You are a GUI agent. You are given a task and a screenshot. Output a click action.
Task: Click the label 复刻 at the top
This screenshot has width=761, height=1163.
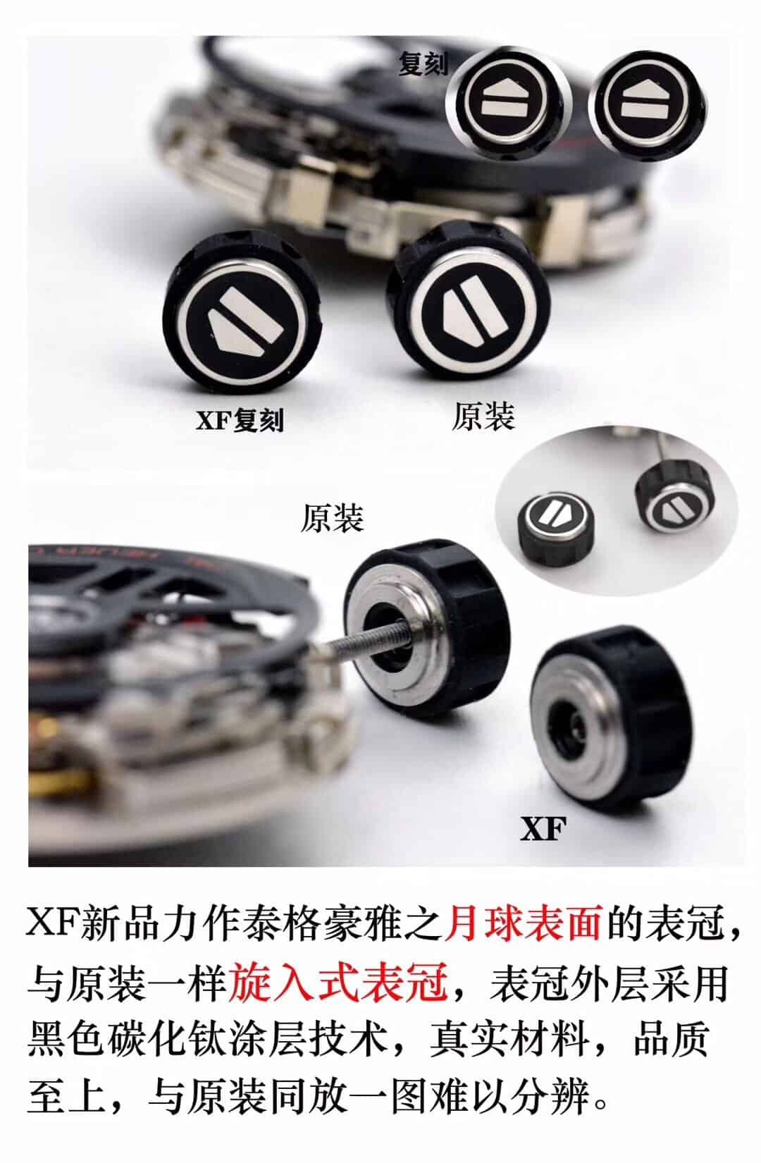point(422,64)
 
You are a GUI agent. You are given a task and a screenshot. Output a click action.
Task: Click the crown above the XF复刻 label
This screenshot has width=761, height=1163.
point(243,314)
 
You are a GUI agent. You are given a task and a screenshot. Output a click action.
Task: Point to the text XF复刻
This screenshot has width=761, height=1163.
point(240,420)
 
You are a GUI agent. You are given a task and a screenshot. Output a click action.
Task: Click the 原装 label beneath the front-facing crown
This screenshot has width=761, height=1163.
point(483,417)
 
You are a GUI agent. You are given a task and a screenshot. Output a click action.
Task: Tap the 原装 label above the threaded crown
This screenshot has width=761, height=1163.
point(332,518)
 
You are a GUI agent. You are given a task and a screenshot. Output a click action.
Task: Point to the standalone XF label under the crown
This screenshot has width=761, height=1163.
point(543,830)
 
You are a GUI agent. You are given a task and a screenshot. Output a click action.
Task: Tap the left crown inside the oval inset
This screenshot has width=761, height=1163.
point(553,517)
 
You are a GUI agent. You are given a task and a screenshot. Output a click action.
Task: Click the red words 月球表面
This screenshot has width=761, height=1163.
point(523,923)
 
